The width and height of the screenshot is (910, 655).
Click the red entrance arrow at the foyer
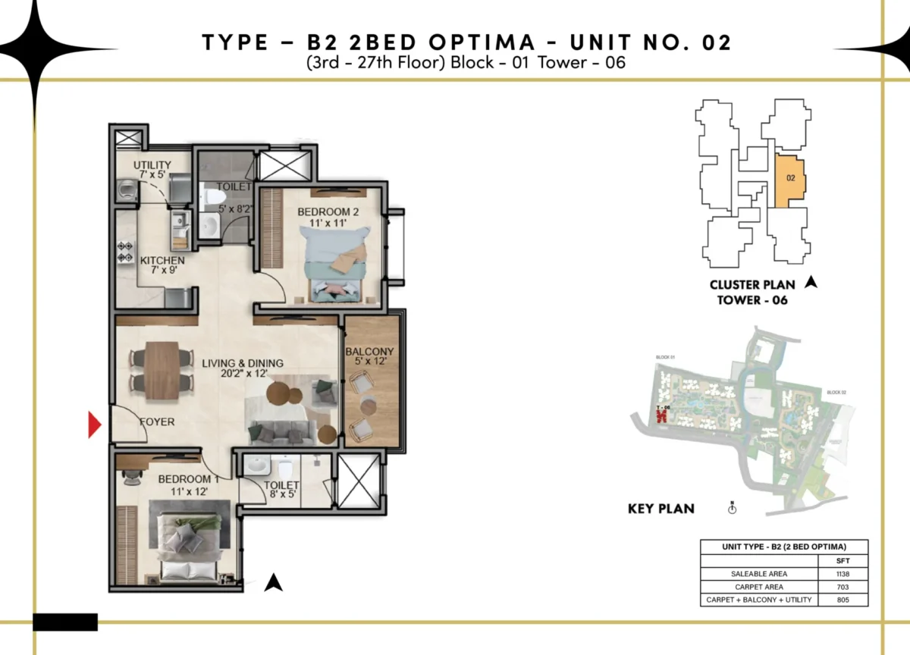pos(95,425)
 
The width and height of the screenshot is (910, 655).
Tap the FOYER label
pos(156,422)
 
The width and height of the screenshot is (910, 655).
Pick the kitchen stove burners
pos(125,252)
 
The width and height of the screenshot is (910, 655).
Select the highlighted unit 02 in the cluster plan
pos(790,180)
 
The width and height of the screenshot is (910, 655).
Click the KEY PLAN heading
pos(661,509)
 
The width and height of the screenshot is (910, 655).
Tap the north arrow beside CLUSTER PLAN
pos(811,284)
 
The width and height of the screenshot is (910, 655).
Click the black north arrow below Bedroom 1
pos(274,582)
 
